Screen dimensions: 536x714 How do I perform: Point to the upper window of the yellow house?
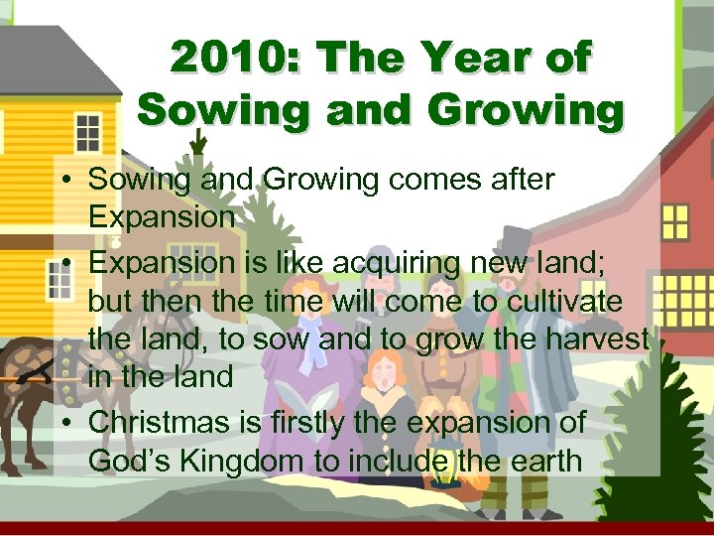(x=86, y=132)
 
